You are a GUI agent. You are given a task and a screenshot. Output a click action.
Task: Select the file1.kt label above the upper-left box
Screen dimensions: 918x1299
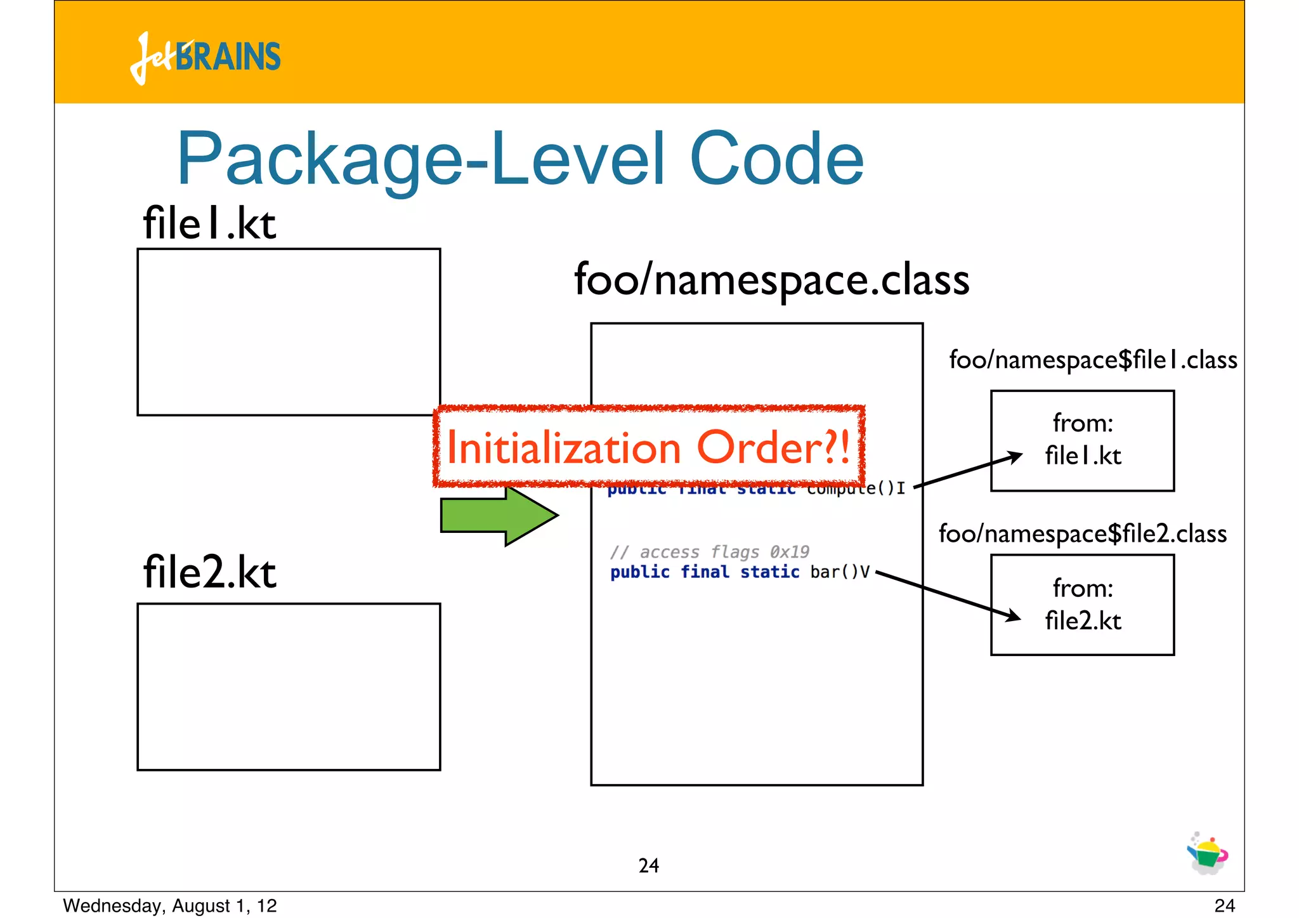[x=209, y=223]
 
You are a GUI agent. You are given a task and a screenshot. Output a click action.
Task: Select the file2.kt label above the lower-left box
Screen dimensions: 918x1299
[x=209, y=572]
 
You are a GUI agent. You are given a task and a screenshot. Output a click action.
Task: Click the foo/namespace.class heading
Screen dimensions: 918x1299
[x=771, y=280]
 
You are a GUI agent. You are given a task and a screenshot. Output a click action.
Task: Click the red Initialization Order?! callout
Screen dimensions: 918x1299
[x=648, y=447]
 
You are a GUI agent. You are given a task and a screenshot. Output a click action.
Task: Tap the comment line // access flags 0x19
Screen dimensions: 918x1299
[x=709, y=552]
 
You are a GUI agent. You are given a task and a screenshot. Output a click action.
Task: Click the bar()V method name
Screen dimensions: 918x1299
[x=839, y=572]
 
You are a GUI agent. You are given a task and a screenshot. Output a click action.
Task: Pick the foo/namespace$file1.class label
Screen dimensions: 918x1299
[x=1092, y=360]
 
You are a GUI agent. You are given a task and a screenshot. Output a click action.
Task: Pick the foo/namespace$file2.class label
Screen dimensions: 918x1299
[x=1082, y=534]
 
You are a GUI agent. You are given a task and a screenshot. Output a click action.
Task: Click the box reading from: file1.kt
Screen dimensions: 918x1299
[x=1082, y=440]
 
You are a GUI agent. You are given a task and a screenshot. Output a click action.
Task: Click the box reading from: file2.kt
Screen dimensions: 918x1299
[x=1082, y=605]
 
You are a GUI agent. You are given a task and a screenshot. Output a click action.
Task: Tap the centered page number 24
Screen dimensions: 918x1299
[x=648, y=865]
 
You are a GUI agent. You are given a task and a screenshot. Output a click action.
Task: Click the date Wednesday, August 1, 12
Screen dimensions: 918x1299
[x=170, y=905]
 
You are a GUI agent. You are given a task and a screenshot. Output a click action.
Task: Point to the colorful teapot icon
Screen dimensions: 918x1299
[x=1207, y=854]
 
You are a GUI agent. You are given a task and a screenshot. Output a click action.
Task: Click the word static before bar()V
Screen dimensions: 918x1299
[x=769, y=572]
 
